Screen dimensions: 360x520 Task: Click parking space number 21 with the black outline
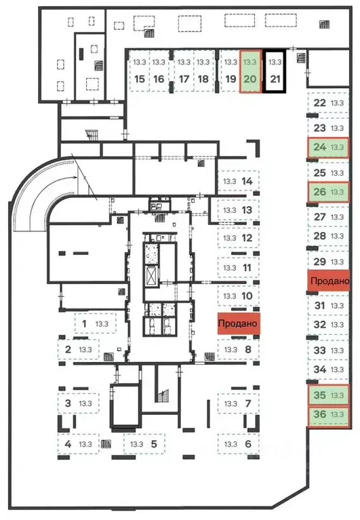point(275,71)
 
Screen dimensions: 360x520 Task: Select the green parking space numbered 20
point(250,71)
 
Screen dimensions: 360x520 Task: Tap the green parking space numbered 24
point(328,147)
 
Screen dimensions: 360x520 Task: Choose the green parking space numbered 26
point(328,192)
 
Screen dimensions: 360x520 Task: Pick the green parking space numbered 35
point(328,395)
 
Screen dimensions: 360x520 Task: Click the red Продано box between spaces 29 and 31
point(328,281)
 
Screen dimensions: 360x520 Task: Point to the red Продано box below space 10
point(239,323)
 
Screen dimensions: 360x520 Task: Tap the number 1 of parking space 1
point(84,323)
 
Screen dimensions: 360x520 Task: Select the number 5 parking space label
point(154,443)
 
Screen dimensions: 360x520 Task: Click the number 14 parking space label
point(247,181)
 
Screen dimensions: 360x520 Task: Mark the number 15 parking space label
point(140,79)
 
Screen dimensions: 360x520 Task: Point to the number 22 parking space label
point(319,103)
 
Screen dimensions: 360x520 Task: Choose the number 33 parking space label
point(319,351)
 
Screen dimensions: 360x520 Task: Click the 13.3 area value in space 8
point(231,350)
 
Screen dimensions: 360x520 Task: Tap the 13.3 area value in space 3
point(85,403)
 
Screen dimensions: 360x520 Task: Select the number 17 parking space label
point(184,79)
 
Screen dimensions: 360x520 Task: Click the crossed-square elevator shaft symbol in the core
point(151,276)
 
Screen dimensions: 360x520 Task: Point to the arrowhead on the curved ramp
point(75,178)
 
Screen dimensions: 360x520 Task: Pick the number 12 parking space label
point(247,238)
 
